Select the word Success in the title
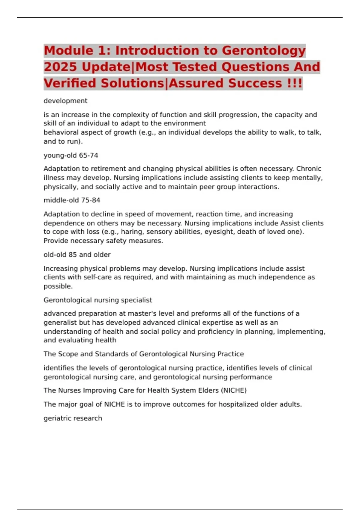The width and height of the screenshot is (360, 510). pyautogui.click(x=255, y=83)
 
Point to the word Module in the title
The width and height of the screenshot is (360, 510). pyautogui.click(x=68, y=51)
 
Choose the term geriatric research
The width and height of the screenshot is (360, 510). pyautogui.click(x=73, y=418)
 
